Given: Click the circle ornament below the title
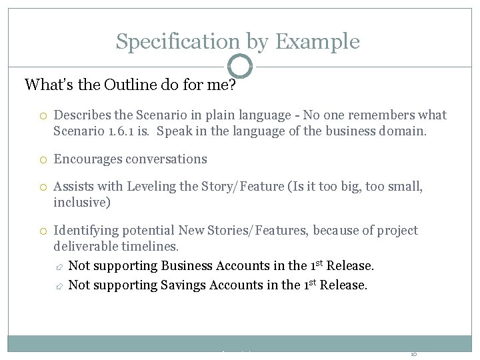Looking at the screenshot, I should (240, 67).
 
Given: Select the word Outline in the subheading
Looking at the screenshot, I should (114, 85).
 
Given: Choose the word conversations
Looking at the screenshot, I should (167, 159).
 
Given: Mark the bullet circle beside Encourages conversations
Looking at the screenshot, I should (41, 160).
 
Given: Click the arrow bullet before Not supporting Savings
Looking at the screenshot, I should (58, 286).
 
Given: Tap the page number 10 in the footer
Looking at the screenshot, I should (414, 353).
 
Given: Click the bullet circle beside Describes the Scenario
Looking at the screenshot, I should (41, 116).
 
